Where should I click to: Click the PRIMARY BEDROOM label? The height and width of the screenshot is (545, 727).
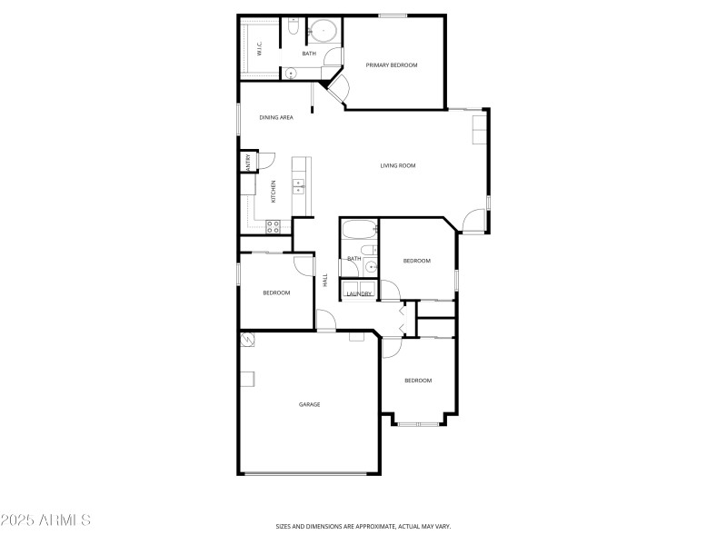click(392, 64)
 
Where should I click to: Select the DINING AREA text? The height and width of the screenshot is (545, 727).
click(275, 117)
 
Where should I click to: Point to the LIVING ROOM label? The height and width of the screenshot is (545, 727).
click(397, 165)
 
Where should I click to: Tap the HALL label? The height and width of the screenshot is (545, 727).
click(325, 281)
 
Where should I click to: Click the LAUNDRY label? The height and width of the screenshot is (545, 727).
click(358, 293)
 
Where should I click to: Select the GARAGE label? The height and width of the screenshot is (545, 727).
click(309, 404)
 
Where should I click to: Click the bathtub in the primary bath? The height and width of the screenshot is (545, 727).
click(323, 32)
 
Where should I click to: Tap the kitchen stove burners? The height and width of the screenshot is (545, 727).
click(273, 225)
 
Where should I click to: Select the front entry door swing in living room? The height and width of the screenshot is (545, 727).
click(473, 221)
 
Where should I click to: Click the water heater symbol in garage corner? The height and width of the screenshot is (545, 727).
click(248, 340)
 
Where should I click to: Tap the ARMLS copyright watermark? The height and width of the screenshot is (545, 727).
click(45, 520)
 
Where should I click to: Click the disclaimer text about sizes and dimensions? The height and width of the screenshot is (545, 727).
click(363, 526)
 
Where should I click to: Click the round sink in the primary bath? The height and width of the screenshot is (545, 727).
click(291, 74)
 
